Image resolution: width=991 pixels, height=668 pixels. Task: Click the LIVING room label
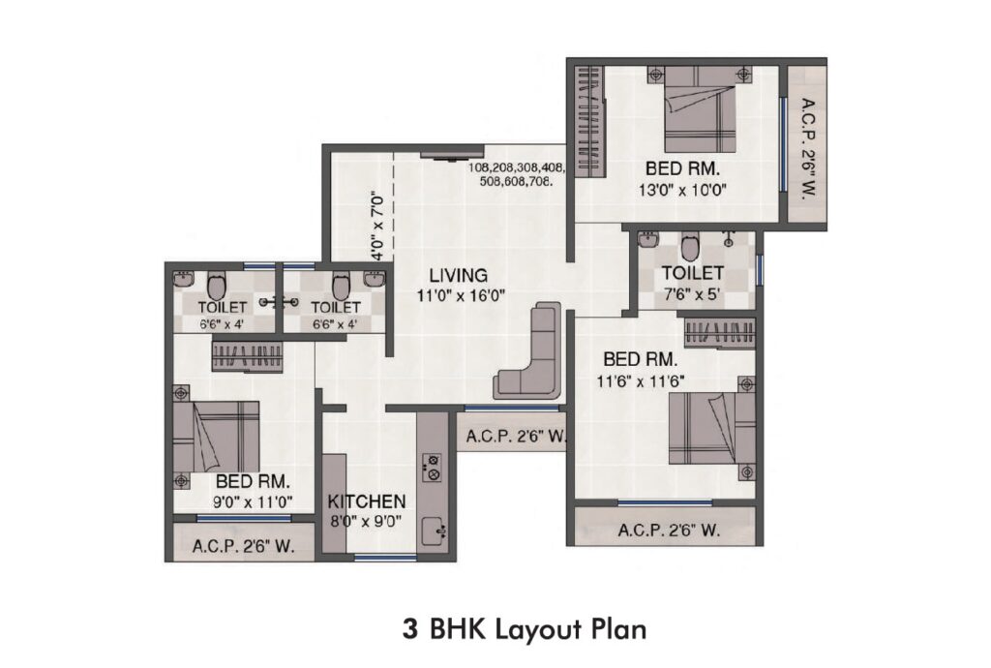[x=458, y=276]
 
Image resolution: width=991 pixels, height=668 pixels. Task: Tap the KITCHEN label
[x=367, y=501]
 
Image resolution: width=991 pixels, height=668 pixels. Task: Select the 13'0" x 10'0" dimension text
[x=682, y=190]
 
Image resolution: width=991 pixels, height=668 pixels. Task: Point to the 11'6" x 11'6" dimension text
[x=641, y=381]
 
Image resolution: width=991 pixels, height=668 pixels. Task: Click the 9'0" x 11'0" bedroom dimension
[x=253, y=502]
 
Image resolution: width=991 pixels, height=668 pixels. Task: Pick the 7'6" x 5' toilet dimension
[x=692, y=294]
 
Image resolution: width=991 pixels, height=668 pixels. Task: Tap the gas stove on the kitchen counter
[x=433, y=467]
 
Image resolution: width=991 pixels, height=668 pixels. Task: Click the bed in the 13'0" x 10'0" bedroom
[x=700, y=108]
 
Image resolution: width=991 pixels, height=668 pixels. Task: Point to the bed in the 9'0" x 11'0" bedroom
[x=216, y=437]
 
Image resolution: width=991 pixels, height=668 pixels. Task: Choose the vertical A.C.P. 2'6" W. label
[x=807, y=148]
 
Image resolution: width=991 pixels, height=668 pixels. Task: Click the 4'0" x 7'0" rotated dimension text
[x=377, y=226]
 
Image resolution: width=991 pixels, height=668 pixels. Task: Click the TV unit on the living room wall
[x=452, y=154]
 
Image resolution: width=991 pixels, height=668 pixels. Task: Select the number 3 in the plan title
[x=410, y=629]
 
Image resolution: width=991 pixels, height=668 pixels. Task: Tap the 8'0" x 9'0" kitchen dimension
[x=367, y=523]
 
